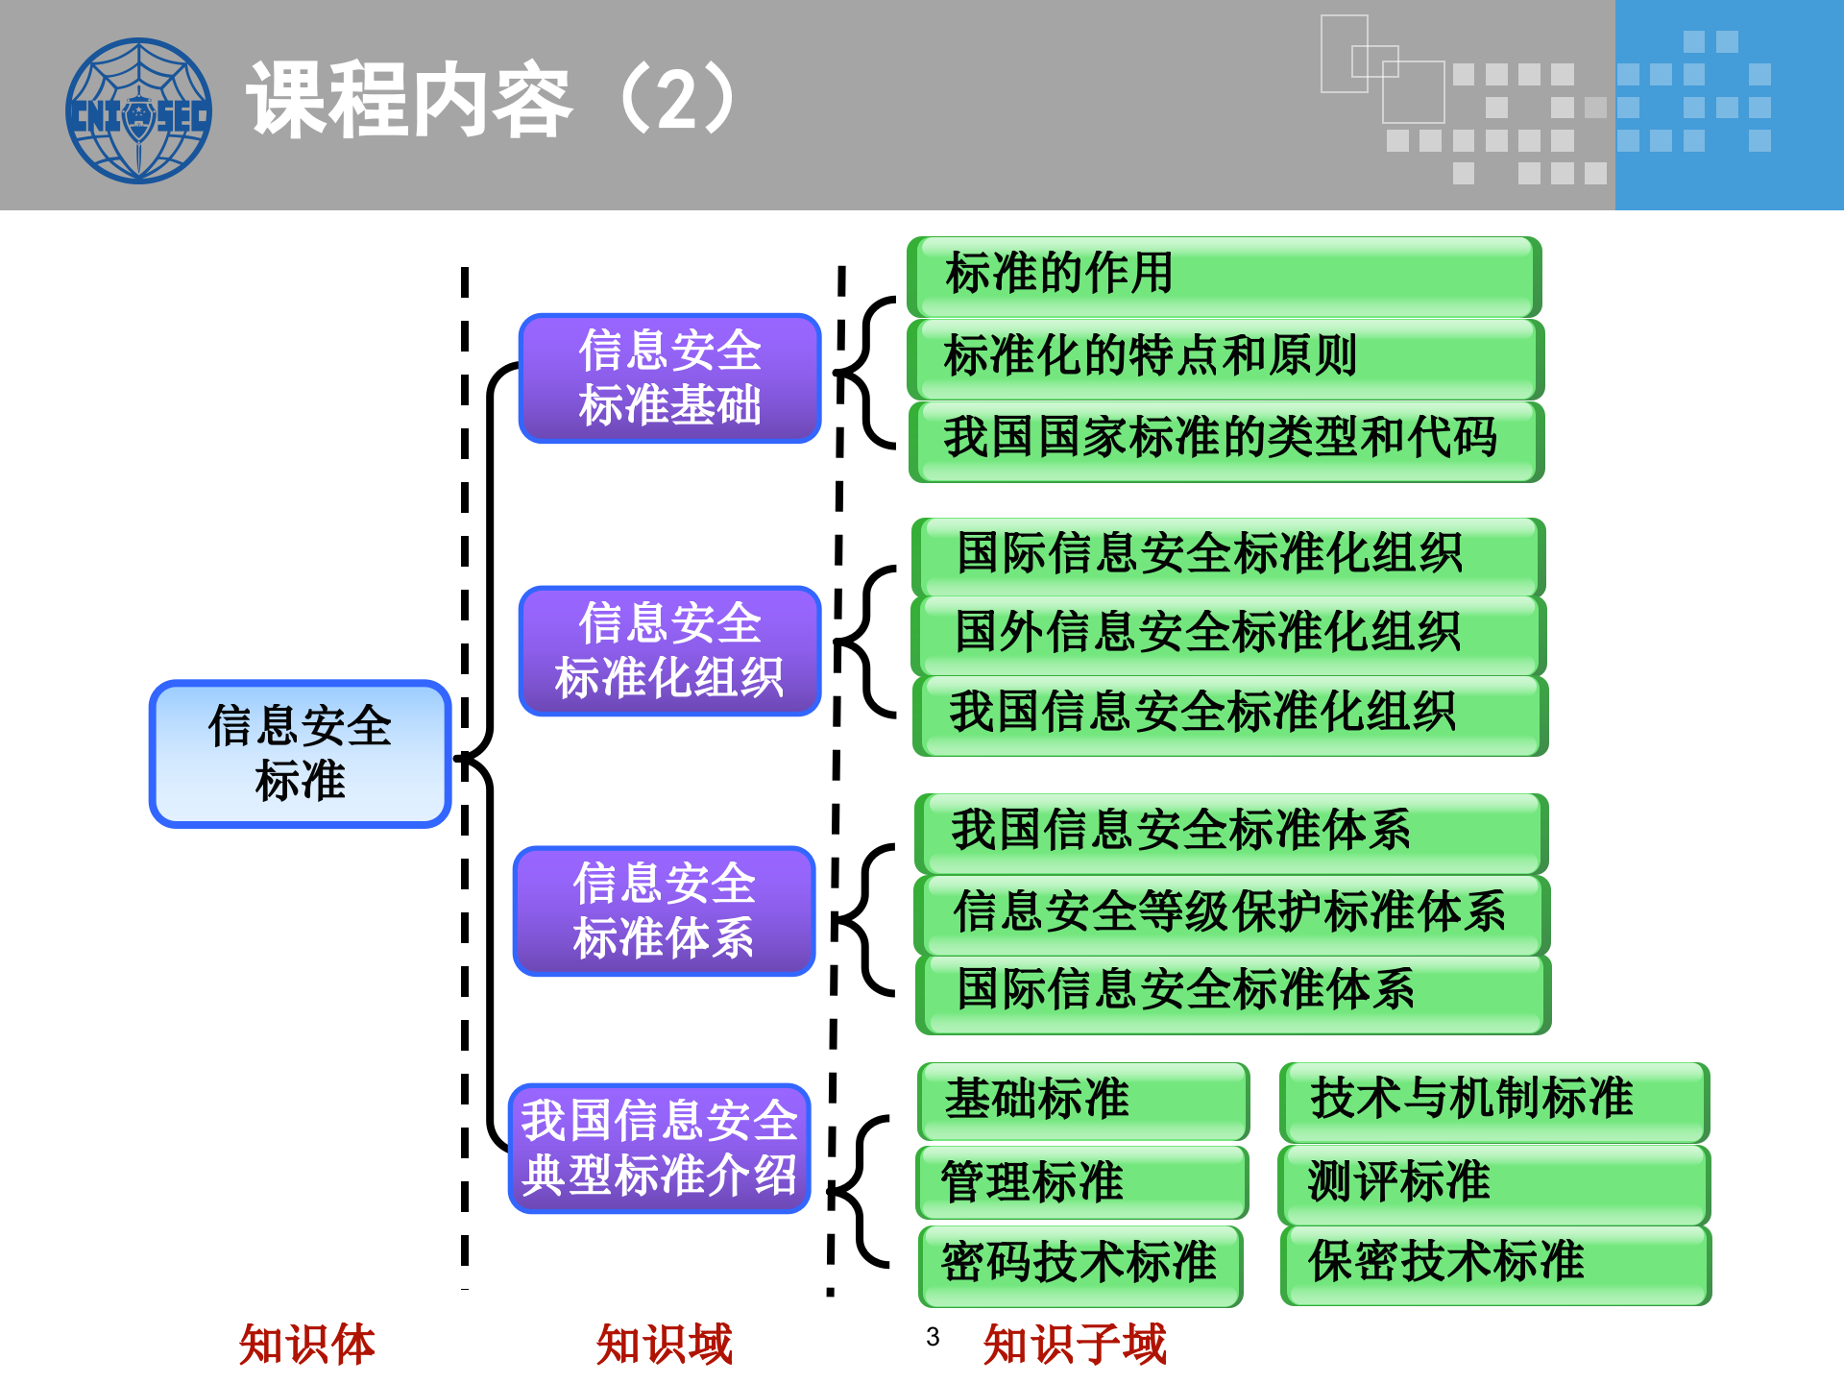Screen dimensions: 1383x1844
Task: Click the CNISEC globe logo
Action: (138, 110)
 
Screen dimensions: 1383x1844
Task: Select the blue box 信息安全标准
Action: (300, 754)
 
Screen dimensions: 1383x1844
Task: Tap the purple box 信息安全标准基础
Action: (669, 377)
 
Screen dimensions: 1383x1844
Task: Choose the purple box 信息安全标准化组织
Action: (669, 650)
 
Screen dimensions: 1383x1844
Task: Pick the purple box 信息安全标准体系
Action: (665, 910)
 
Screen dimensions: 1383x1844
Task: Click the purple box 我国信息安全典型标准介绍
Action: (660, 1148)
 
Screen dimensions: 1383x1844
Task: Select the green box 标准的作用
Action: (1224, 276)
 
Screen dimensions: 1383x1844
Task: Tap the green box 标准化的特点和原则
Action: (1225, 357)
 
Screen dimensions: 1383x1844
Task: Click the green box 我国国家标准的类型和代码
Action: (1225, 440)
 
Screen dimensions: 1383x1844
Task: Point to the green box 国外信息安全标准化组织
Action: (1227, 634)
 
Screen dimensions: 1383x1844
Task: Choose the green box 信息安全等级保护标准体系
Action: (1231, 912)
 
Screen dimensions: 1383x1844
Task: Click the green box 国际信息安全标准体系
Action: (1232, 992)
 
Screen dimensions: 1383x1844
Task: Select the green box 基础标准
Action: (1082, 1101)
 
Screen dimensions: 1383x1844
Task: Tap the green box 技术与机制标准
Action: (1493, 1101)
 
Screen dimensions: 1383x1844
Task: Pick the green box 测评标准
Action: (1493, 1183)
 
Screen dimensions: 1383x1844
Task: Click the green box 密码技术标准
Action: (1080, 1264)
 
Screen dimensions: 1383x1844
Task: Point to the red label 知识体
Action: (307, 1345)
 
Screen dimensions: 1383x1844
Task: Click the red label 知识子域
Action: (1075, 1345)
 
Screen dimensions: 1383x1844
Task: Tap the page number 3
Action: (933, 1337)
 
